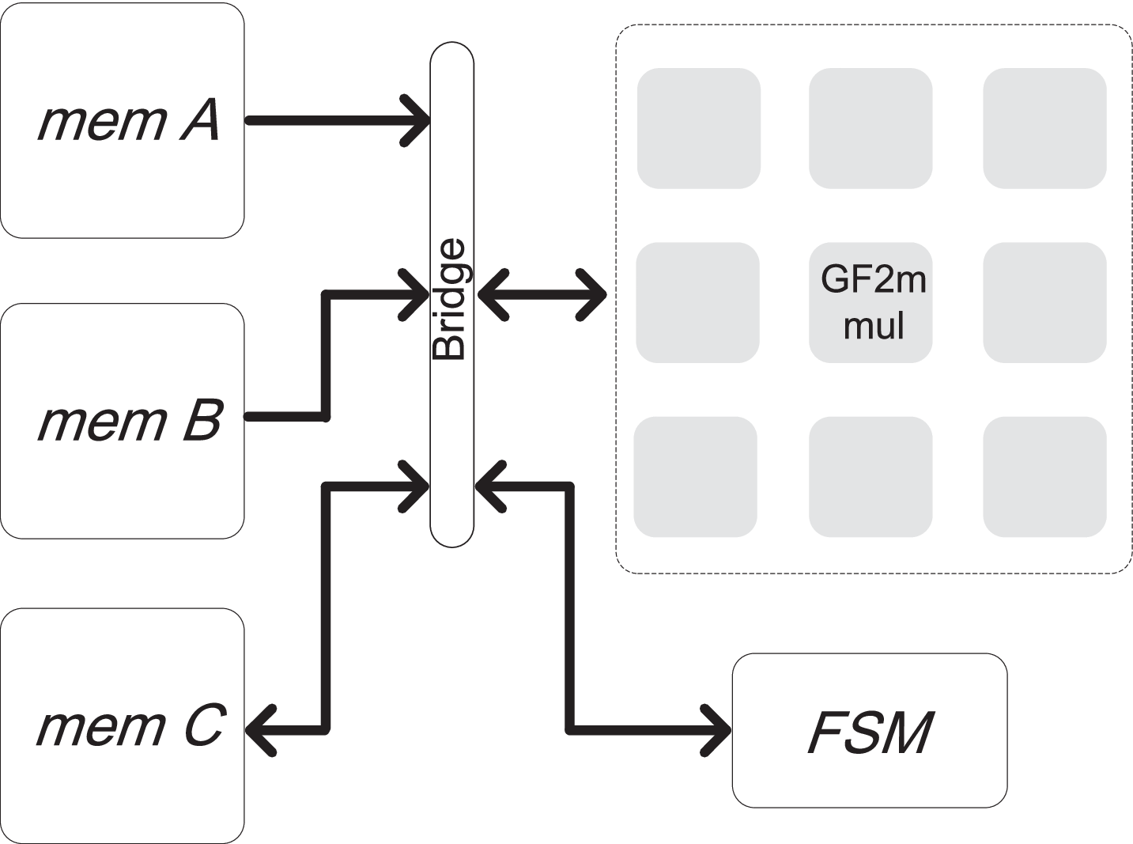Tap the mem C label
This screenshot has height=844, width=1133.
130,726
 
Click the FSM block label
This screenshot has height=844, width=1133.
870,732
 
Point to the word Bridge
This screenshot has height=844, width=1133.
451,301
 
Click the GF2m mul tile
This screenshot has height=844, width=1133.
871,302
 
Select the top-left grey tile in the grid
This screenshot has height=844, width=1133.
699,128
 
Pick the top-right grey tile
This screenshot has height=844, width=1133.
1044,128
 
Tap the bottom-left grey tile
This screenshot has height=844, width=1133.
696,477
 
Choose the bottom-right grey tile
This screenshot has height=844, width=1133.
1044,477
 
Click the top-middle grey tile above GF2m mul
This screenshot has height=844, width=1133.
871,128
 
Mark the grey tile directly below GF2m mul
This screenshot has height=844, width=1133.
871,477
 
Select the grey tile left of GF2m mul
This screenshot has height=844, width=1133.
698,302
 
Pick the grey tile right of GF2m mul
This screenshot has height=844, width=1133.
1044,302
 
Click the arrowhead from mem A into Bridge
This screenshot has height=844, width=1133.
417,121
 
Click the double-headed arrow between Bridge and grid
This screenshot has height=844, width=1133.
542,295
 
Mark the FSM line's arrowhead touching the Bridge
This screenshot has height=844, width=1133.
490,486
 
